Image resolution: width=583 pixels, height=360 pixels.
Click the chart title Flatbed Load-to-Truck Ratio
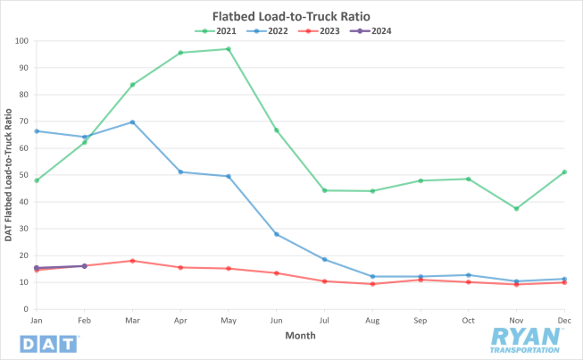[x=291, y=16]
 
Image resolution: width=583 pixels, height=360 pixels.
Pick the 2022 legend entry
[x=265, y=30]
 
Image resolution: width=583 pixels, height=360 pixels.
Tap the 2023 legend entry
[x=316, y=30]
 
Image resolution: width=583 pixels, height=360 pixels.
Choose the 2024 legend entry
[x=367, y=30]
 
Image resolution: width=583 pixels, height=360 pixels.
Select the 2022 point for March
[x=132, y=121]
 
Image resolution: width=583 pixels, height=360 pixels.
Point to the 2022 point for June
[x=276, y=234]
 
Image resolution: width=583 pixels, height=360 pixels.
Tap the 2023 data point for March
[x=132, y=261]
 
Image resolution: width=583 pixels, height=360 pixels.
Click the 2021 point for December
[x=564, y=172]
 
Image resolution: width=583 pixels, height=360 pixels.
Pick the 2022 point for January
[x=37, y=131]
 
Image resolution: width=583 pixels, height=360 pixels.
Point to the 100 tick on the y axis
[x=21, y=41]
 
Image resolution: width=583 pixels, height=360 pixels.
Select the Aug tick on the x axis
[x=372, y=319]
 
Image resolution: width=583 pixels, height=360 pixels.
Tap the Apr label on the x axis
[x=180, y=319]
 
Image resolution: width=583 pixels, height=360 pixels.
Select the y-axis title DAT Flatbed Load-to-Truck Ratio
[x=8, y=175]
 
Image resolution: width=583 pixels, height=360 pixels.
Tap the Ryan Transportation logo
[x=527, y=339]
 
